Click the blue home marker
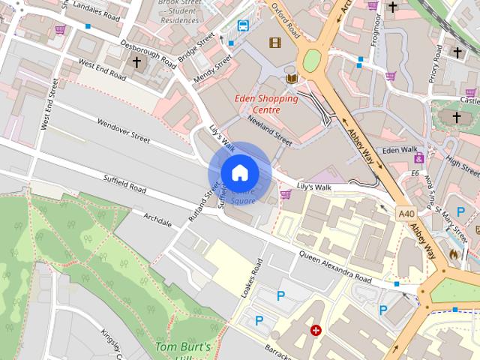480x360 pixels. coord(239,173)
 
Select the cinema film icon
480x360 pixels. coord(274,43)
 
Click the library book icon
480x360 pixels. coord(292,79)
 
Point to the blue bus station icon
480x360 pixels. coord(243,26)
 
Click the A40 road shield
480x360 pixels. coord(406,214)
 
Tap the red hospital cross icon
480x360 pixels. coord(316,330)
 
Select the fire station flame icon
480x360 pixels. coord(454,255)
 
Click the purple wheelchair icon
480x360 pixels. coord(418,158)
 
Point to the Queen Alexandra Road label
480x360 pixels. coord(335,266)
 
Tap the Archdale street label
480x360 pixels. coord(157,220)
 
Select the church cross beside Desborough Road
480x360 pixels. coord(136,62)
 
